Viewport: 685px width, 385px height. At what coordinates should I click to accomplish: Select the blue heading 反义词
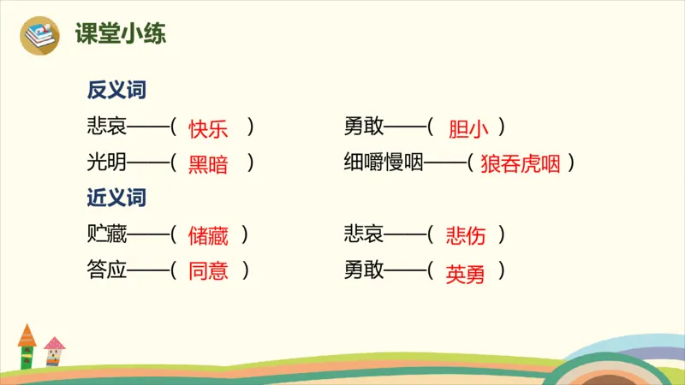pos(116,91)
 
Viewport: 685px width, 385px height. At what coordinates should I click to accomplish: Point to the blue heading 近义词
pos(116,198)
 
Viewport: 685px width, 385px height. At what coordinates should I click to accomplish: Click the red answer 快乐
pos(208,128)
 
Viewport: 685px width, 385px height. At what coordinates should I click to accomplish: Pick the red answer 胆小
pos(468,128)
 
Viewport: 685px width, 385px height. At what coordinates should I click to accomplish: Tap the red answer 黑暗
pos(208,164)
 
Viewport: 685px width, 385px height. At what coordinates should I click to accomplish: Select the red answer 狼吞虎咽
pos(521,164)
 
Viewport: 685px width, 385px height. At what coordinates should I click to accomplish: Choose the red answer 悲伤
pos(466,234)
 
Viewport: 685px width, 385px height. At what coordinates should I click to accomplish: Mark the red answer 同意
pos(208,271)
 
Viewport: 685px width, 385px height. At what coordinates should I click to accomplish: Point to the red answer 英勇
pos(466,273)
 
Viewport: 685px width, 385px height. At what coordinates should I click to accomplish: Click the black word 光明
pos(106,163)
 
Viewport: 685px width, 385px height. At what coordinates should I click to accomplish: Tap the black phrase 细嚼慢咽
pos(384,163)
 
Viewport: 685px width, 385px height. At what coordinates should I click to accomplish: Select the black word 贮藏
pos(106,234)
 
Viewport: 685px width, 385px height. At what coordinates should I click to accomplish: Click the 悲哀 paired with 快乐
pos(106,127)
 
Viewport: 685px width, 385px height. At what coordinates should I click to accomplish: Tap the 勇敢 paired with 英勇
pos(363,270)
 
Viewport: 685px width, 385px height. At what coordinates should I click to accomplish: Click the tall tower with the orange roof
pos(27,346)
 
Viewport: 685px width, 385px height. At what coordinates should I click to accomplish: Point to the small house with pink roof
pos(55,351)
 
